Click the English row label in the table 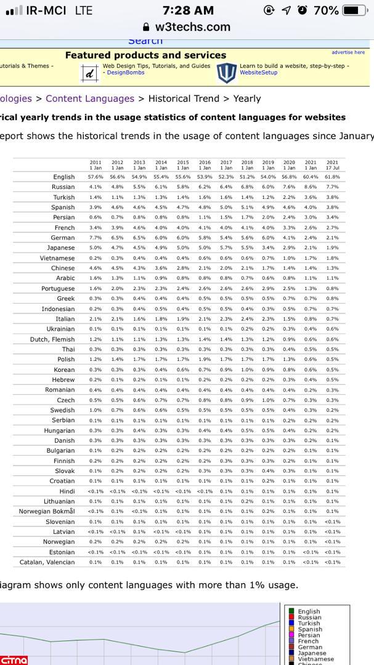point(63,177)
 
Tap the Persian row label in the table point(63,217)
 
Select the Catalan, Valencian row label point(47,562)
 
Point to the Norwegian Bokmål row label point(47,512)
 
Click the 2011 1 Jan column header point(96,165)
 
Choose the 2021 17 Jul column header point(332,165)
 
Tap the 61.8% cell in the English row point(332,177)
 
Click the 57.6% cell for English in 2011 point(96,177)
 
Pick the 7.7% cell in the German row point(96,238)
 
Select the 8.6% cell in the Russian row point(311,187)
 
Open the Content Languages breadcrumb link point(90,99)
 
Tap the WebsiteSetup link point(258,73)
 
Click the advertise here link point(348,52)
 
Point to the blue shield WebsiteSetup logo point(226,72)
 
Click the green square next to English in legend point(291,611)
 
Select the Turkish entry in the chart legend point(309,623)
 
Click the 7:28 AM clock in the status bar point(189,10)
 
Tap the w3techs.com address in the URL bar point(192,27)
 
